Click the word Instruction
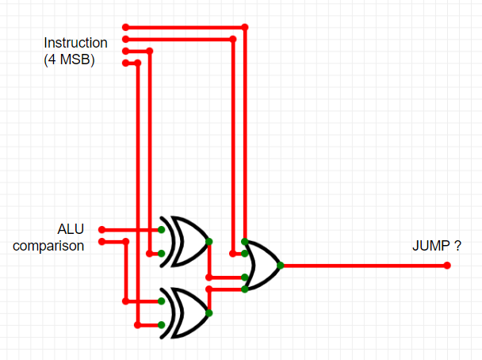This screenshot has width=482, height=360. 75,43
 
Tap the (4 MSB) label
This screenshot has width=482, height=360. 69,58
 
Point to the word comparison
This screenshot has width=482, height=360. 48,246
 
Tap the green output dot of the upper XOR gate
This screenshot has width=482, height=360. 208,241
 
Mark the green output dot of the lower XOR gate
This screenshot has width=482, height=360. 209,313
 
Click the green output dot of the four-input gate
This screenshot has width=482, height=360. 281,265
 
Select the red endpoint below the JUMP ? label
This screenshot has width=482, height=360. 448,265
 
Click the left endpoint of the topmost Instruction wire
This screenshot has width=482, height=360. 125,27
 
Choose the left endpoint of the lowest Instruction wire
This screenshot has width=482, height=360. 125,63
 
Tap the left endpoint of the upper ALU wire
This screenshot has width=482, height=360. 101,229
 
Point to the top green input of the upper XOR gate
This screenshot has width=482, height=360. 161,229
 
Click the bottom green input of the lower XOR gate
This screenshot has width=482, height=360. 161,324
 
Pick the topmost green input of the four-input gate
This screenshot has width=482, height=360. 245,241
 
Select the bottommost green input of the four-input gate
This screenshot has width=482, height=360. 245,289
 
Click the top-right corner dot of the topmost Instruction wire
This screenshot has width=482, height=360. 245,27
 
